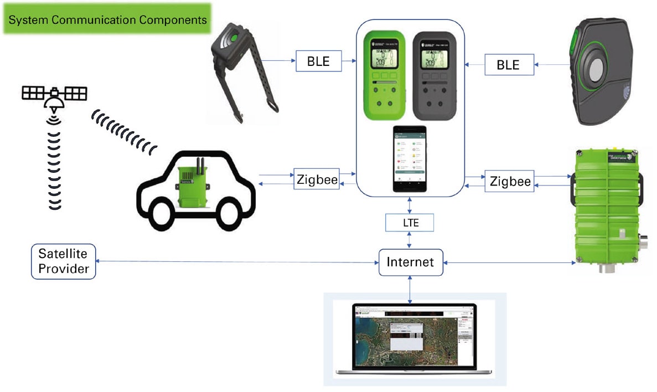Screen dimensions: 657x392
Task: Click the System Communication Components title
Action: pyautogui.click(x=107, y=20)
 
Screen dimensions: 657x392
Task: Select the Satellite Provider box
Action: pyautogui.click(x=63, y=261)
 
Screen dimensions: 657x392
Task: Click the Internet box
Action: pyautogui.click(x=410, y=262)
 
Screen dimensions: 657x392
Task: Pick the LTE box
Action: pyautogui.click(x=410, y=223)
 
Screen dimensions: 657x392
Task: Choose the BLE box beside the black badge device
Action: pyautogui.click(x=508, y=65)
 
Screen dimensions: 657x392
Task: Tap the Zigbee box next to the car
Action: pyautogui.click(x=316, y=180)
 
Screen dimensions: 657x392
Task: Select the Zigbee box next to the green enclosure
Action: pyautogui.click(x=509, y=181)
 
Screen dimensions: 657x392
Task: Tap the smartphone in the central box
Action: pyautogui.click(x=410, y=159)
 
